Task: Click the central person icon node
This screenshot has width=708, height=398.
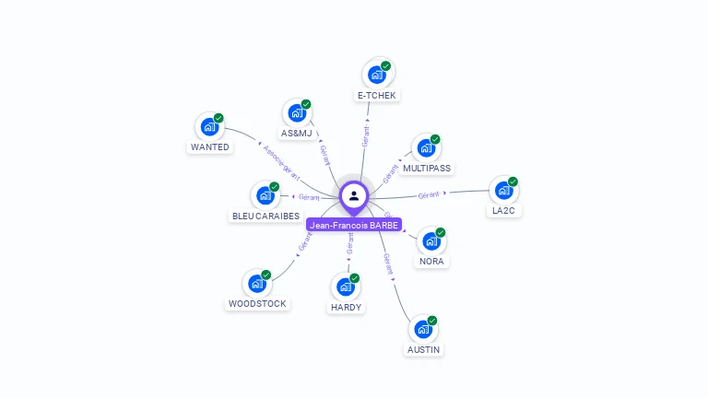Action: pyautogui.click(x=354, y=195)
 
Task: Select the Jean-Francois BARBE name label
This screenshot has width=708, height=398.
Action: pyautogui.click(x=354, y=225)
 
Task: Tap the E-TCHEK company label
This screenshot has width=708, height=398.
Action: pyautogui.click(x=378, y=95)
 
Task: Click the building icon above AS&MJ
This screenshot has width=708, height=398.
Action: pyautogui.click(x=296, y=113)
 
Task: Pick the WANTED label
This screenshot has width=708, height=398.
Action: pyautogui.click(x=210, y=146)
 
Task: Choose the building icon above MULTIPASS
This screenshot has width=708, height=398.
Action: pyautogui.click(x=425, y=148)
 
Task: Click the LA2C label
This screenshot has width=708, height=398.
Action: pyautogui.click(x=503, y=210)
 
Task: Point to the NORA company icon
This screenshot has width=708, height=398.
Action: pyautogui.click(x=431, y=241)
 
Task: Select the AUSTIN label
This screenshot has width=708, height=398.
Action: pyautogui.click(x=423, y=349)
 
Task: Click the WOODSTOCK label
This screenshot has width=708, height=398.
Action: pyautogui.click(x=257, y=303)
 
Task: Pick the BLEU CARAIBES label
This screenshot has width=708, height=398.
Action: pyautogui.click(x=265, y=216)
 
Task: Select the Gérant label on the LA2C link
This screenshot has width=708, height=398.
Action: pyautogui.click(x=428, y=194)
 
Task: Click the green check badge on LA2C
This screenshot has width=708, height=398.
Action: pyautogui.click(x=513, y=181)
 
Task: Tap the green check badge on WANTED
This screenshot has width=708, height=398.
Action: pyautogui.click(x=218, y=118)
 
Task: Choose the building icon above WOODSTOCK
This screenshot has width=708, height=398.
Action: pyautogui.click(x=257, y=284)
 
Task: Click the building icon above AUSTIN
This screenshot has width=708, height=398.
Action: pyautogui.click(x=423, y=329)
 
